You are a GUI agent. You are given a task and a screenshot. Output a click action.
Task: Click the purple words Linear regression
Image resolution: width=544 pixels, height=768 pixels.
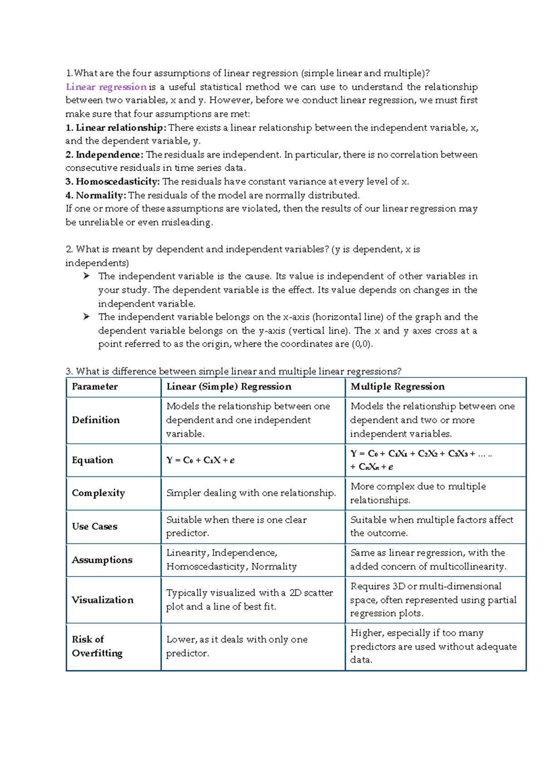[x=106, y=87]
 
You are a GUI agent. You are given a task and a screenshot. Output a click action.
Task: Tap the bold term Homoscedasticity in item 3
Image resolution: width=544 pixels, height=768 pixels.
[x=117, y=182]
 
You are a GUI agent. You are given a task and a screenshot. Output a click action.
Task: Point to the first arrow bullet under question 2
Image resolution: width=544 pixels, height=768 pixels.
[x=87, y=276]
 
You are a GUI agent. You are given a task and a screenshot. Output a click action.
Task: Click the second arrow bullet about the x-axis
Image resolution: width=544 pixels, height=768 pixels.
[x=87, y=317]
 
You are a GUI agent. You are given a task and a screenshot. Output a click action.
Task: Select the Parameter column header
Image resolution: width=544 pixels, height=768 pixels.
[x=95, y=387]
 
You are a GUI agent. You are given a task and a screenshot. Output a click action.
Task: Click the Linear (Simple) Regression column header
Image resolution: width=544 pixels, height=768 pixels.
[x=229, y=387]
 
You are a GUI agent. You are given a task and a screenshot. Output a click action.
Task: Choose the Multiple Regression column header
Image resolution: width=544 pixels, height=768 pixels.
[x=398, y=387]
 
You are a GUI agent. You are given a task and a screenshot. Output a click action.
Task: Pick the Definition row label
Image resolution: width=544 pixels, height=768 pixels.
[x=96, y=420]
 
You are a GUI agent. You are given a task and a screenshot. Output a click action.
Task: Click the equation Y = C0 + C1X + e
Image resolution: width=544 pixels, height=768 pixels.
[x=200, y=461]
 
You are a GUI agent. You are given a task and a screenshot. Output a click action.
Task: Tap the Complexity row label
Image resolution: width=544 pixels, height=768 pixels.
[x=98, y=493]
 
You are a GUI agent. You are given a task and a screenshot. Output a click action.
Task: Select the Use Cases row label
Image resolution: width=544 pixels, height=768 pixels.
[x=94, y=527]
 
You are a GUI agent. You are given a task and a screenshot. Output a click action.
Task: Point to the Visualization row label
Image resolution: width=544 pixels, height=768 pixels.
[x=102, y=600]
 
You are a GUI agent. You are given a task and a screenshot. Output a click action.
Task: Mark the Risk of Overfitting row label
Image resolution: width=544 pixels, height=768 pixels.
[x=97, y=646]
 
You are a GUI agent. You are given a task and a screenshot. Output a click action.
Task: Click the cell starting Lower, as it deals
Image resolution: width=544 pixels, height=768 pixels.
[x=237, y=646]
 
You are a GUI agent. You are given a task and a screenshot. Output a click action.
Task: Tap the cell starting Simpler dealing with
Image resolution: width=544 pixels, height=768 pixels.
[x=251, y=493]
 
